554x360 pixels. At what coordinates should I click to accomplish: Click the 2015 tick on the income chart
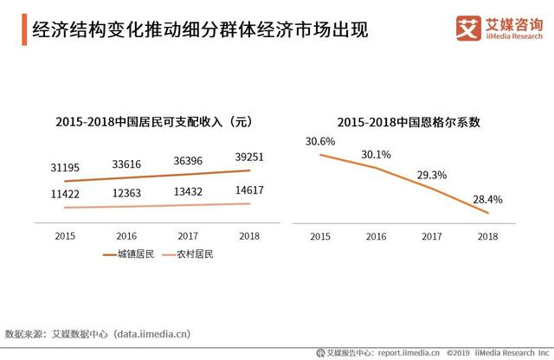click(64, 235)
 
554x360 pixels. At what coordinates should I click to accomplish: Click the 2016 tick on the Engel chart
click(377, 235)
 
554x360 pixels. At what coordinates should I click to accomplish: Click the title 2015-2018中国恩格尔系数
click(409, 123)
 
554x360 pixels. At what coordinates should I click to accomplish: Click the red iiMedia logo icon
click(468, 28)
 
